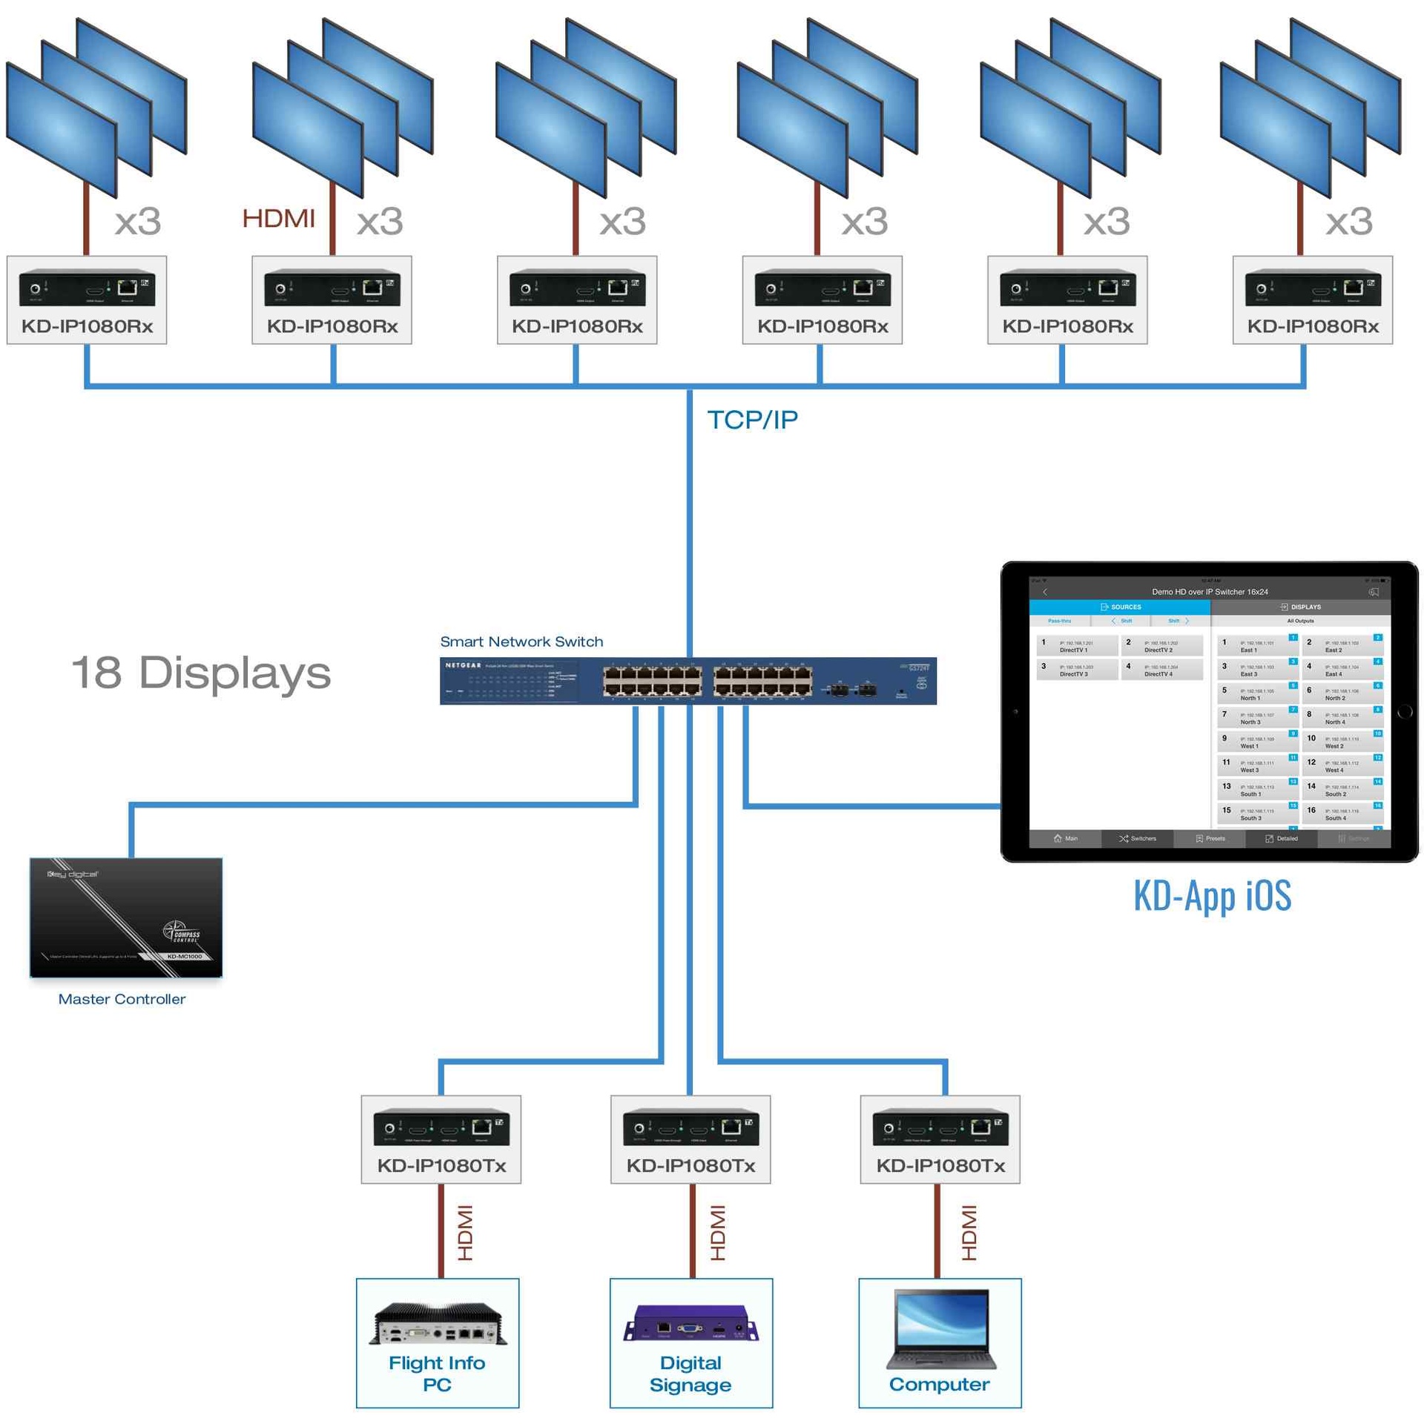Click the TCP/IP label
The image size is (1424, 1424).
click(751, 420)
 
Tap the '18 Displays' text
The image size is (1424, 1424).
click(200, 673)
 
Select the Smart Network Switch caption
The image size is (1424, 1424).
click(521, 642)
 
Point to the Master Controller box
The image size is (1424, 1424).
click(125, 917)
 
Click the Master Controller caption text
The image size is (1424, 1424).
click(122, 999)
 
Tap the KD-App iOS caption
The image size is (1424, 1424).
click(1212, 895)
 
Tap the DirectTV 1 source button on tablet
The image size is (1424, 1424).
click(1076, 646)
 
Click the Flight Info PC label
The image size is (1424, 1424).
click(437, 1373)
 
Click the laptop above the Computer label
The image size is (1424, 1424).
click(940, 1328)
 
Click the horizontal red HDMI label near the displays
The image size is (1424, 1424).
click(278, 219)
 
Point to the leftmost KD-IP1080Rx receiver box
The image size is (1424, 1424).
click(87, 300)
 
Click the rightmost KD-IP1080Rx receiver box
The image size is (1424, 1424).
click(1312, 300)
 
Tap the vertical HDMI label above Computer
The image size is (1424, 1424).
click(969, 1232)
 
